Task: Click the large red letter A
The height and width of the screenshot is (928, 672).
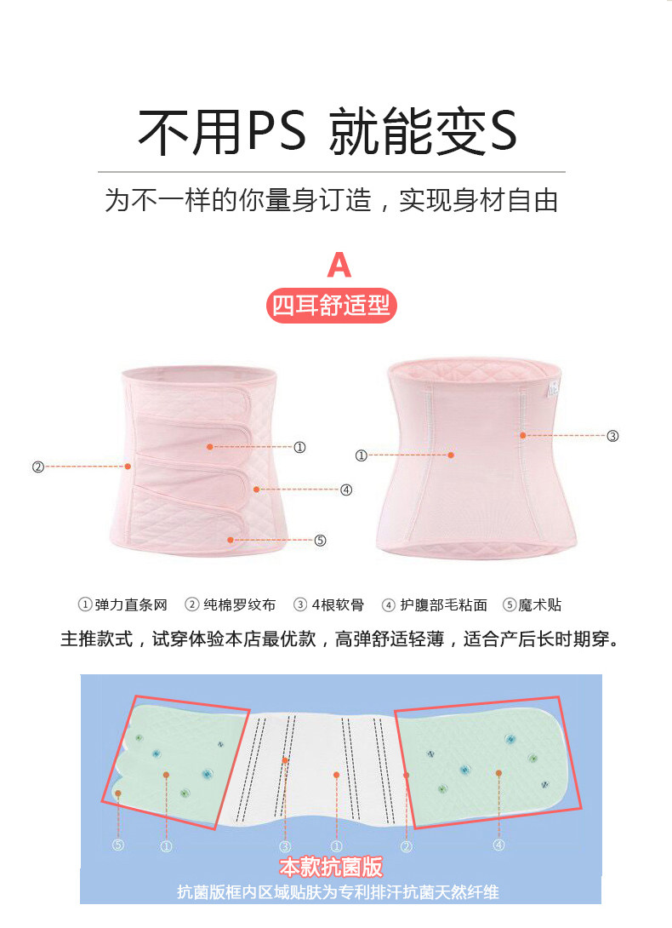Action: click(x=339, y=265)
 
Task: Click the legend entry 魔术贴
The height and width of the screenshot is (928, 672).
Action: click(x=533, y=605)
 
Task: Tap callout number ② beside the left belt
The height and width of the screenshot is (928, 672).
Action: click(x=37, y=467)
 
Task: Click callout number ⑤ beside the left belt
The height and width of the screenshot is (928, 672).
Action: click(x=320, y=540)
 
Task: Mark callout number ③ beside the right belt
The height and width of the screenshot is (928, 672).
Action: click(x=612, y=436)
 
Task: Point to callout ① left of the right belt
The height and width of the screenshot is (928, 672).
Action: click(x=361, y=455)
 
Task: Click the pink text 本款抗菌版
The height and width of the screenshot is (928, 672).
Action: click(x=332, y=868)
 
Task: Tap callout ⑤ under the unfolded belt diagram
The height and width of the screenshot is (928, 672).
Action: click(x=118, y=845)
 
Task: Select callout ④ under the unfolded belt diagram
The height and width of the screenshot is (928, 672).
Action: click(x=498, y=845)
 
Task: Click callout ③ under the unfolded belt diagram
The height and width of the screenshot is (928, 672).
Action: click(x=286, y=846)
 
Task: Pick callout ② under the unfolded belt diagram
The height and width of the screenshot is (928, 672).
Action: click(x=407, y=846)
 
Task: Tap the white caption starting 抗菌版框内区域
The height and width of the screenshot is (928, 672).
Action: click(x=338, y=892)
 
